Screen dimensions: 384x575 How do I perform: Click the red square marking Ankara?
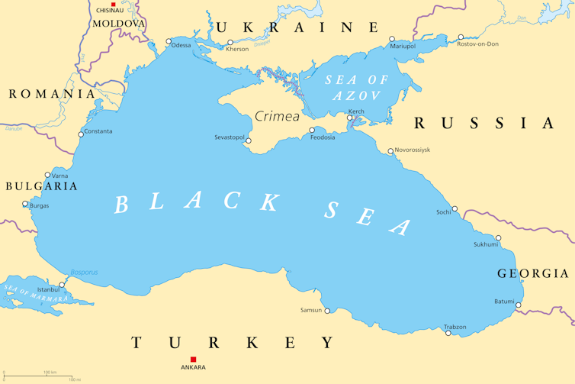pyautogui.click(x=193, y=359)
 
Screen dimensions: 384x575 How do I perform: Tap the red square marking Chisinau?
pyautogui.click(x=114, y=5)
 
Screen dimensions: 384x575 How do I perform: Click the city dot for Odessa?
pyautogui.click(x=169, y=42)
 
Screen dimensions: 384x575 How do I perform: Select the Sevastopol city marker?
pyautogui.click(x=248, y=140)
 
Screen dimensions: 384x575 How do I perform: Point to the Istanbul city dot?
pyautogui.click(x=62, y=285)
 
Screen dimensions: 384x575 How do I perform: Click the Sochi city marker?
pyautogui.click(x=455, y=208)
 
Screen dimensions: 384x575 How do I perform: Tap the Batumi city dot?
pyautogui.click(x=518, y=305)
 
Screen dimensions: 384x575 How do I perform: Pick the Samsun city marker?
pyautogui.click(x=327, y=310)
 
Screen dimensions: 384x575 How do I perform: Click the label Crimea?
pyautogui.click(x=277, y=117)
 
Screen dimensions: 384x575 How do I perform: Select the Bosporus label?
pyautogui.click(x=84, y=272)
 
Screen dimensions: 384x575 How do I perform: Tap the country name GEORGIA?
pyautogui.click(x=532, y=273)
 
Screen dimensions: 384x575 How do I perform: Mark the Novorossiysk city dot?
pyautogui.click(x=390, y=151)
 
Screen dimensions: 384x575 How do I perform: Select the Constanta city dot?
pyautogui.click(x=81, y=134)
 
